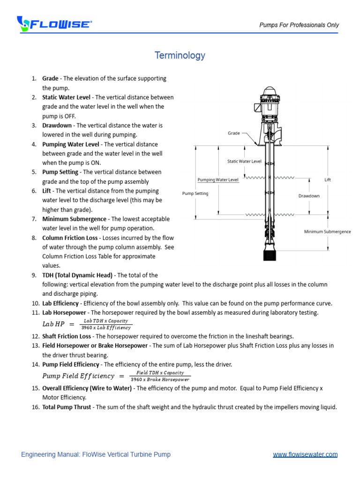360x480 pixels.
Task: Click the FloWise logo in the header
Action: (x=54, y=23)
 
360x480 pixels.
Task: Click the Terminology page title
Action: (x=180, y=55)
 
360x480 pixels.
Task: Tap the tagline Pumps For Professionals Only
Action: (x=299, y=25)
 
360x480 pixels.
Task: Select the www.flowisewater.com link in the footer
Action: (x=305, y=454)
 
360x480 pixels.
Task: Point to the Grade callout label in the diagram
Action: (x=234, y=133)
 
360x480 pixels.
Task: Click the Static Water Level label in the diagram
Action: (x=244, y=161)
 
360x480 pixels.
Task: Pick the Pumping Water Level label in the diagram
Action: (x=218, y=180)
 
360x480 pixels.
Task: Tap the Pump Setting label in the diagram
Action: (x=195, y=193)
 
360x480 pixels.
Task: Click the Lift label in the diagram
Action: (x=328, y=180)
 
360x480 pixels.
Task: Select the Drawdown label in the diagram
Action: (x=309, y=196)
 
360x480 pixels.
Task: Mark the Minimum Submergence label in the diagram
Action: (x=327, y=232)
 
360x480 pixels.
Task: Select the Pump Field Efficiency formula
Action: (x=116, y=376)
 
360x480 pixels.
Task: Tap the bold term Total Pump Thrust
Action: (x=67, y=407)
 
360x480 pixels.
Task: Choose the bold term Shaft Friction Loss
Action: (x=67, y=336)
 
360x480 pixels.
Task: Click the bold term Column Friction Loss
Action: (x=70, y=238)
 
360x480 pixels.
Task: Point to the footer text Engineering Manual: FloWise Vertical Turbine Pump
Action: (x=96, y=454)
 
